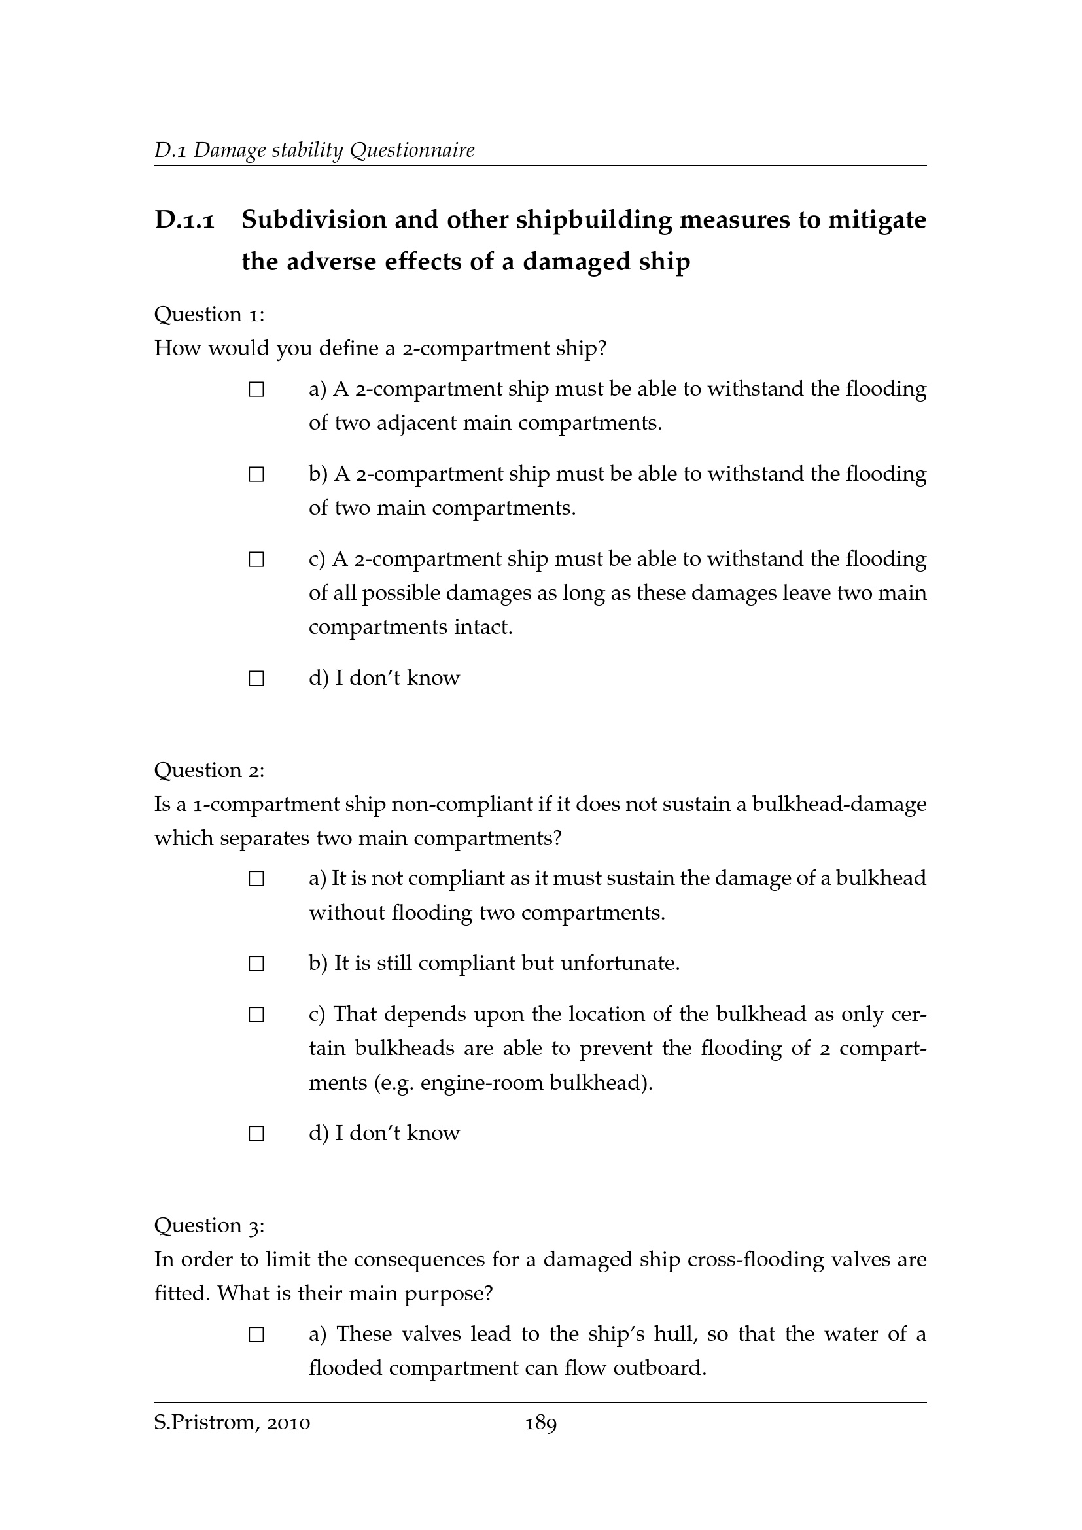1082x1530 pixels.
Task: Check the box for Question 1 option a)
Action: pos(256,390)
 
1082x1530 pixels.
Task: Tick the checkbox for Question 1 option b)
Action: pos(256,475)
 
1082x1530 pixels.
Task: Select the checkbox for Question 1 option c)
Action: pos(256,560)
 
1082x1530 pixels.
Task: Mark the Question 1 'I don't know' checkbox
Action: pos(256,679)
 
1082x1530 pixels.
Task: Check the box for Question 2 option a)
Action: pos(256,880)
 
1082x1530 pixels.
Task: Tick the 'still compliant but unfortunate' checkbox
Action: pos(256,964)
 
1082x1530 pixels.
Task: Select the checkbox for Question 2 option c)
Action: pos(256,1016)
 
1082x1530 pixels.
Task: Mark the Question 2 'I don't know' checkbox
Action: pos(256,1134)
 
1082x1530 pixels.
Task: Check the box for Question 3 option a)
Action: pos(256,1336)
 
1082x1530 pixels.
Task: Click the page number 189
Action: pos(541,1424)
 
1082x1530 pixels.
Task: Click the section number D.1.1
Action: pos(184,220)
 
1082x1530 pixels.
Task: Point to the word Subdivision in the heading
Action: pos(314,220)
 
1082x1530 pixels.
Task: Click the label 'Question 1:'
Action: pos(209,315)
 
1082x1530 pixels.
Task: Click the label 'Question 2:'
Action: pos(209,771)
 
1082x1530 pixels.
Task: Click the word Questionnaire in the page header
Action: pos(412,150)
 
